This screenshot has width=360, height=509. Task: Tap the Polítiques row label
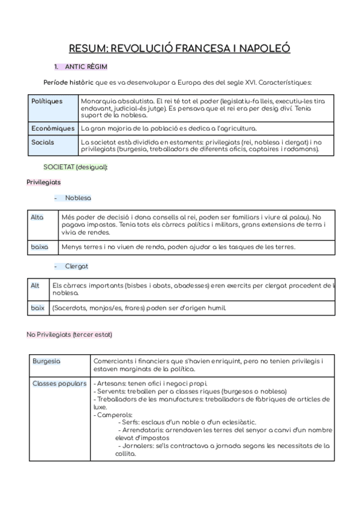47,101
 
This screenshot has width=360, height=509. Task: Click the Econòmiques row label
53,128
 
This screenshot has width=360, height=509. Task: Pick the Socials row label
43,142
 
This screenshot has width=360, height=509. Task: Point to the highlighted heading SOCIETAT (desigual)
76,166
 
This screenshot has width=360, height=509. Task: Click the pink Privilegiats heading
43,182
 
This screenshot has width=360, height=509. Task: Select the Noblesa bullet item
78,197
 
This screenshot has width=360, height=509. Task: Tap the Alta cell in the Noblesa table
37,217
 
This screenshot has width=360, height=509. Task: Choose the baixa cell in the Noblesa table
39,247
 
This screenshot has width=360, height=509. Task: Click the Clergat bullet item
77,266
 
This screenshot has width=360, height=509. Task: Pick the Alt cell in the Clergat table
35,286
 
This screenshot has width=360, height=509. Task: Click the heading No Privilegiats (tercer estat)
69,334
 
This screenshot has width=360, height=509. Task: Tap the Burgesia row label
46,361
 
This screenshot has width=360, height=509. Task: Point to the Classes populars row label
59,384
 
